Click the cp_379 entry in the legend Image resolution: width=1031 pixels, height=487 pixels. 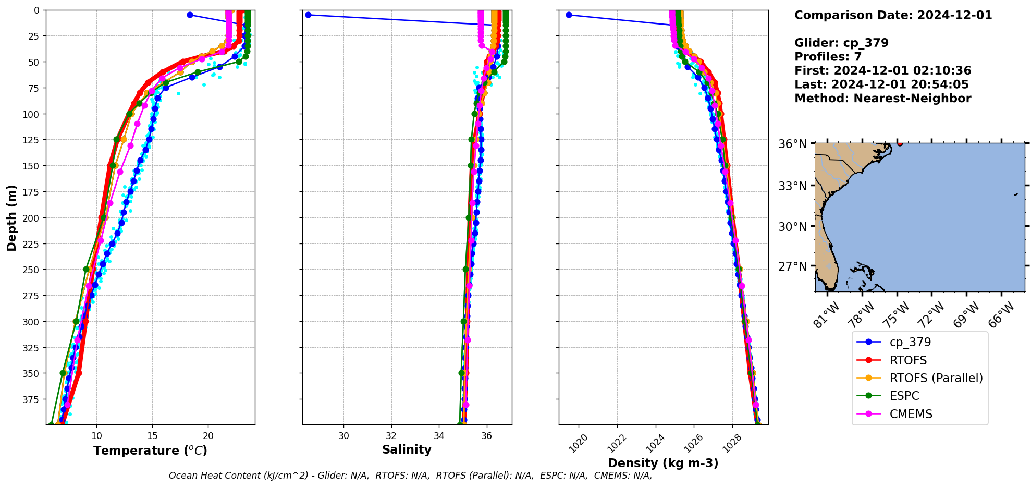[910, 342]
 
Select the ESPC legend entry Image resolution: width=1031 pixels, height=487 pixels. [904, 396]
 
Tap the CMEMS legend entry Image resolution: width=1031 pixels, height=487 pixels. [910, 414]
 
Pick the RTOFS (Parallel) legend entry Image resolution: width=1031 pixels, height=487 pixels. [936, 378]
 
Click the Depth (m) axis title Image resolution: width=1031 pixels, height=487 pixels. [11, 217]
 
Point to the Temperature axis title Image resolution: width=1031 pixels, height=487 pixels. [150, 451]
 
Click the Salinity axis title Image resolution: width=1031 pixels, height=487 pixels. [407, 449]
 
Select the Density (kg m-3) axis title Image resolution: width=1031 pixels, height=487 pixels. [663, 463]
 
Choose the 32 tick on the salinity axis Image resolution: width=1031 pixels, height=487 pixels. [391, 435]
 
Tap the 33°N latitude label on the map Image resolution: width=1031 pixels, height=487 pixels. [792, 186]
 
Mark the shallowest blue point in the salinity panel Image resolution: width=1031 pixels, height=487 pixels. [308, 15]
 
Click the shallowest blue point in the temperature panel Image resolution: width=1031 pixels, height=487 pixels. [190, 15]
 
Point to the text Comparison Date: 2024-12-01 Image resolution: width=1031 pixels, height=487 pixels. [893, 15]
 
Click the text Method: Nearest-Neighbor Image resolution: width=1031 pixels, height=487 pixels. [882, 99]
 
